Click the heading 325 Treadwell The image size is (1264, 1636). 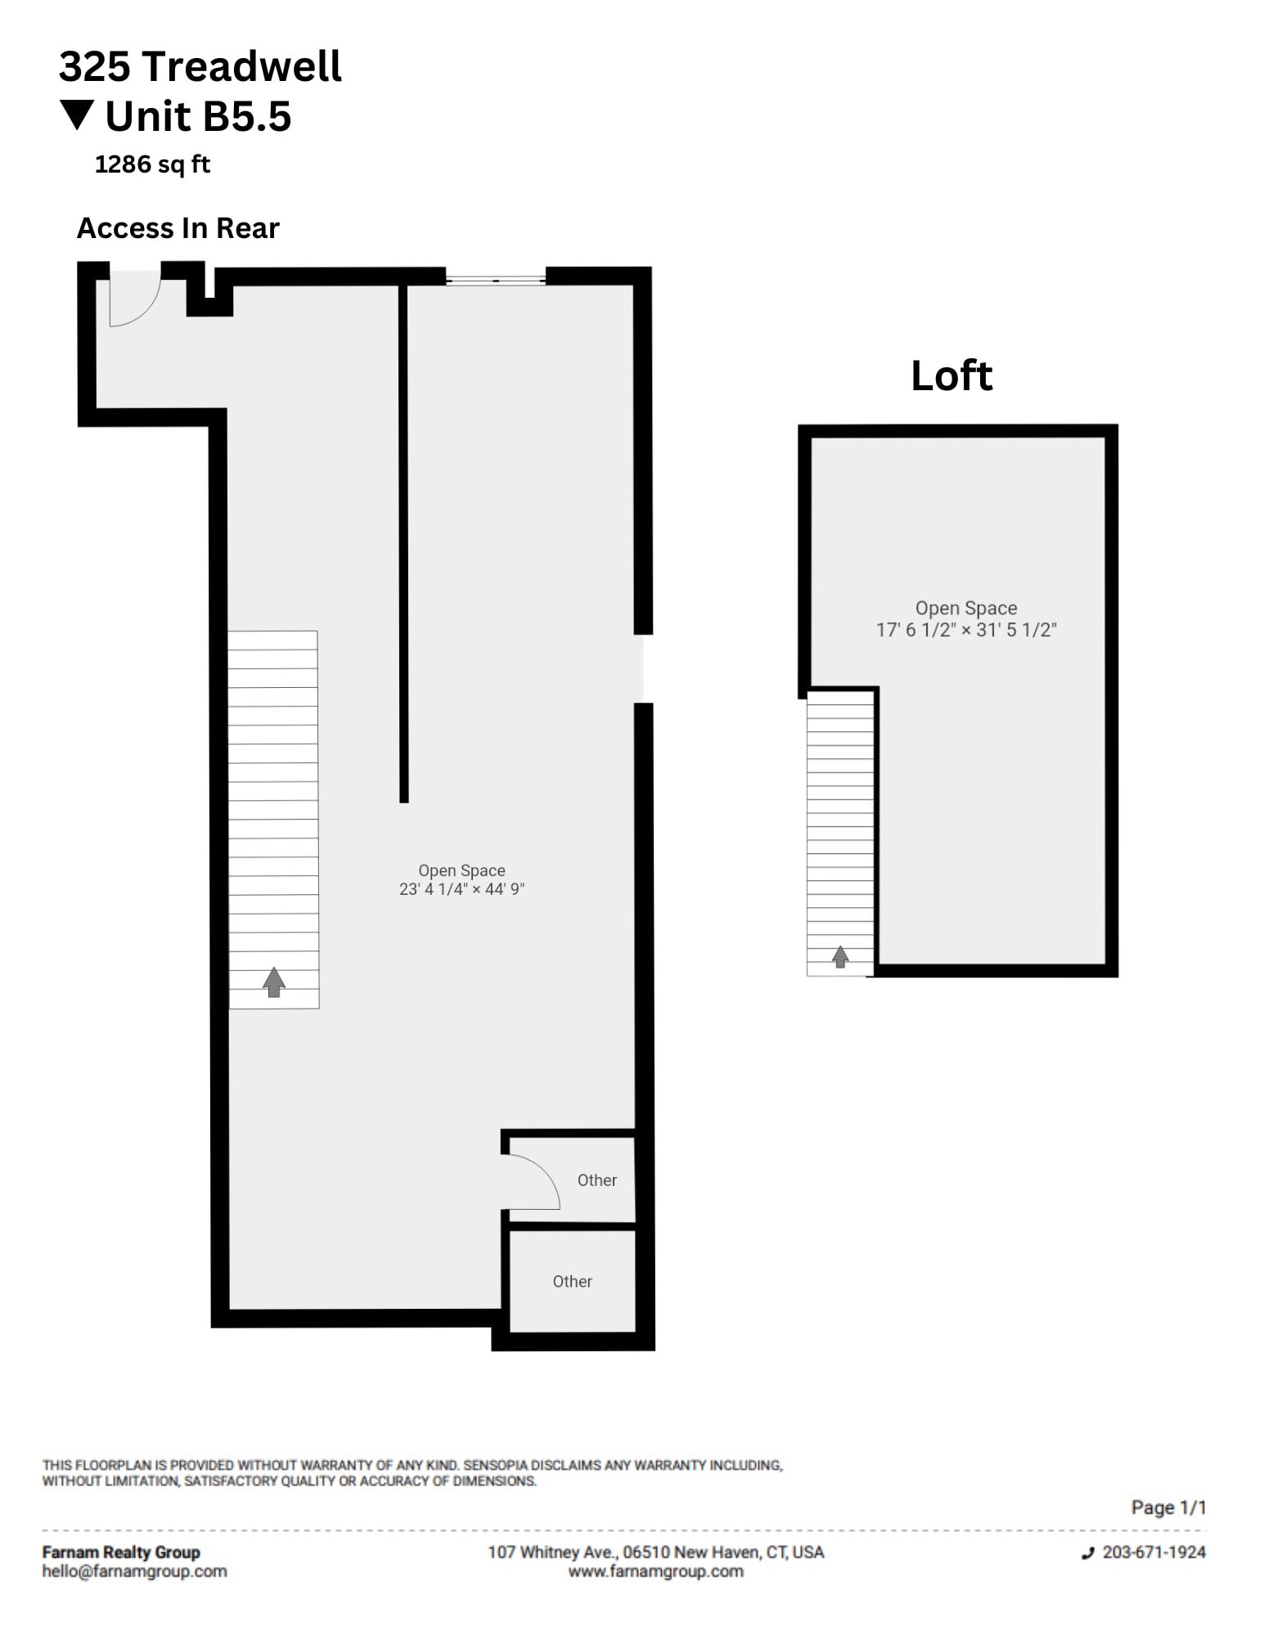tap(200, 66)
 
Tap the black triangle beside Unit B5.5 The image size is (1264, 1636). tap(78, 115)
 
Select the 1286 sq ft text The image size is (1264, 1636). tap(152, 164)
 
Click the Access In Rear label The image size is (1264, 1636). tap(178, 228)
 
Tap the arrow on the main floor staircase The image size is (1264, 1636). tap(274, 981)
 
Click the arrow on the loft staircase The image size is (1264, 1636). tap(840, 955)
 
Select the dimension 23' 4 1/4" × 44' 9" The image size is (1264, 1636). tap(461, 889)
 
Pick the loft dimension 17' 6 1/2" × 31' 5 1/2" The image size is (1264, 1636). tap(966, 630)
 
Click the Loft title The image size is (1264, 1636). tap(951, 376)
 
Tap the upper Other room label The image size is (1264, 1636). tap(596, 1180)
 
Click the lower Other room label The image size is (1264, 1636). tap(572, 1281)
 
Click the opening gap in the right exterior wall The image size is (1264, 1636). tap(644, 668)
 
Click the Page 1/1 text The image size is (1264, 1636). tap(1167, 1507)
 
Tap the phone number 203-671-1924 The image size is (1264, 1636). tap(1154, 1552)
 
